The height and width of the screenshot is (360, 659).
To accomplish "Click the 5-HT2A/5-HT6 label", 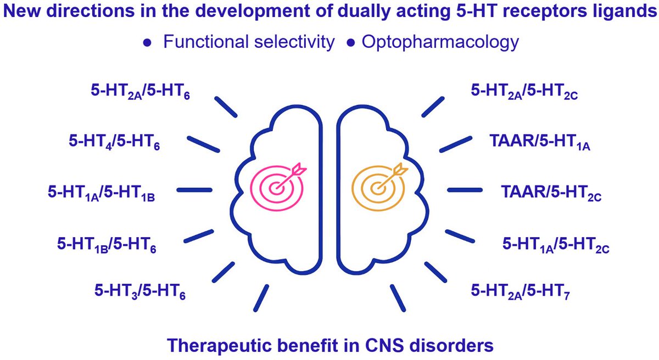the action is pyautogui.click(x=141, y=92).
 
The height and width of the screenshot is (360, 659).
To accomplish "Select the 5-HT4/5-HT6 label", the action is pyautogui.click(x=114, y=143).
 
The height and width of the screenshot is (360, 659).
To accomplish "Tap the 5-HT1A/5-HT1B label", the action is pyautogui.click(x=101, y=194).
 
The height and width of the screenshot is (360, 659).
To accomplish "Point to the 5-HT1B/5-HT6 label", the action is pyautogui.click(x=107, y=245).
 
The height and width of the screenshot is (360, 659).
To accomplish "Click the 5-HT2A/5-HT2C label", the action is pyautogui.click(x=524, y=92).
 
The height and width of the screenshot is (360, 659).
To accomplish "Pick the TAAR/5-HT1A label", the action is pyautogui.click(x=540, y=143).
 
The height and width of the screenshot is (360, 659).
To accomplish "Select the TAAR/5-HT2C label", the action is pyautogui.click(x=551, y=194).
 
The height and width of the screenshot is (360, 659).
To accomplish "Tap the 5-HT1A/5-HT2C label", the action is pyautogui.click(x=556, y=245).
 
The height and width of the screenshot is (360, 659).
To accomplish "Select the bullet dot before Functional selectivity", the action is pyautogui.click(x=147, y=43).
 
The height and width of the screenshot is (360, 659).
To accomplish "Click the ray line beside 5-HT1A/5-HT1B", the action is pyautogui.click(x=194, y=190).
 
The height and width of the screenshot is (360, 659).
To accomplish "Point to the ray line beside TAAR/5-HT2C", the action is pyautogui.click(x=465, y=190).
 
